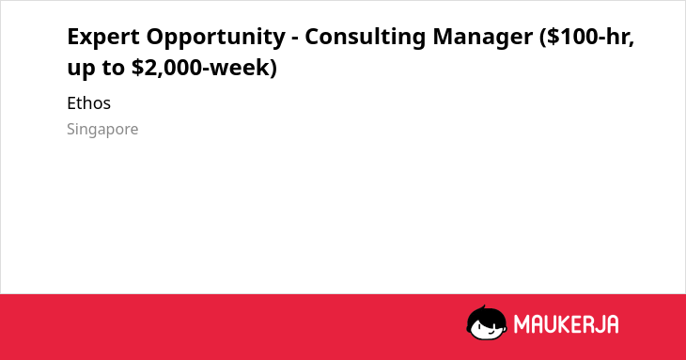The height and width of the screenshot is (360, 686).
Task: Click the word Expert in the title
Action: point(103,37)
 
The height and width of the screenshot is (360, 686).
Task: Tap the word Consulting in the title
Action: point(365,38)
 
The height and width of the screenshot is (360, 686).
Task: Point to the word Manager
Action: point(483,38)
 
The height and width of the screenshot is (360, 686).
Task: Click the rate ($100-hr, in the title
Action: point(587,37)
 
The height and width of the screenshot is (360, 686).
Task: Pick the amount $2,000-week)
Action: point(204,68)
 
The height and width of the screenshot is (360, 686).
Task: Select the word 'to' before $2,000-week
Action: point(114,68)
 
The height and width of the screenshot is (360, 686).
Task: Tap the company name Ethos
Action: point(89,103)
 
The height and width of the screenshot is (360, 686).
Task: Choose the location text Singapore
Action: point(102,130)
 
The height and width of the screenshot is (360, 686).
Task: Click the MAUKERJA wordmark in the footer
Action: point(566,324)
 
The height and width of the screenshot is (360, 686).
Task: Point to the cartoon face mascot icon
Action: point(487,322)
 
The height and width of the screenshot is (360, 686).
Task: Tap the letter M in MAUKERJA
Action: point(522,324)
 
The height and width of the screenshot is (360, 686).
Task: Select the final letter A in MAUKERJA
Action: point(612,324)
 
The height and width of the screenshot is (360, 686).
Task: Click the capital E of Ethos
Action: point(72,103)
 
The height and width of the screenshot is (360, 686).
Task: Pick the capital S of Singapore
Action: point(71,129)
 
